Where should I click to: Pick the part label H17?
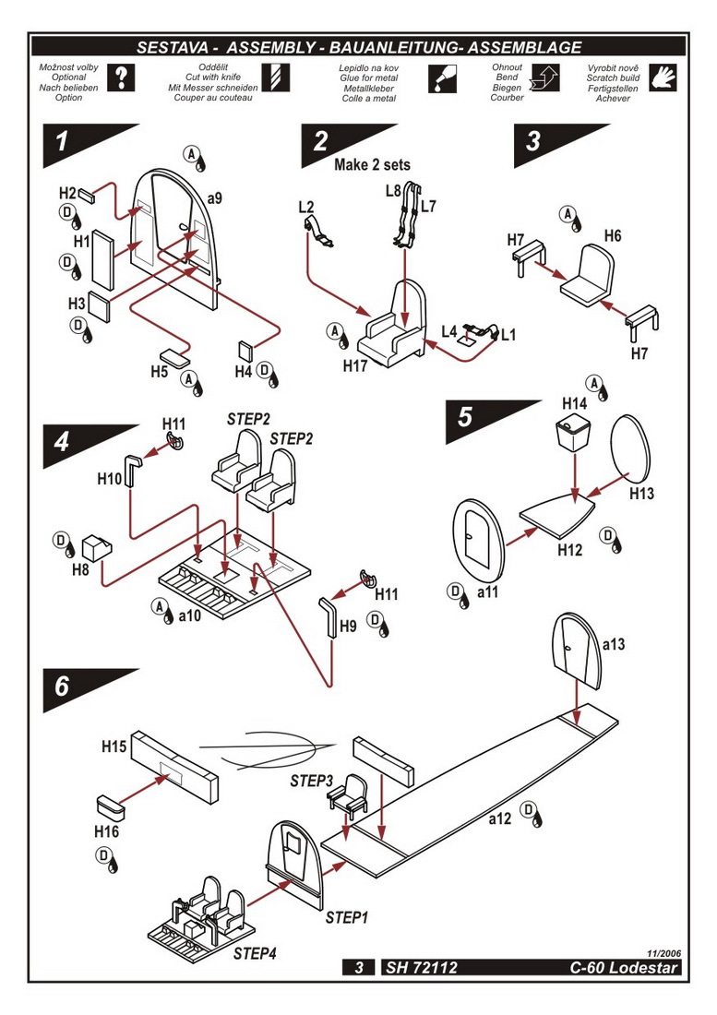point(355,365)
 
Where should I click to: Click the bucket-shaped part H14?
point(574,432)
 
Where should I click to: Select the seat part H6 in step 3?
point(586,277)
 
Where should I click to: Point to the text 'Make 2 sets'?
point(372,165)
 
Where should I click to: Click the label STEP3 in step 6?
point(311,781)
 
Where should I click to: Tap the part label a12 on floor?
point(499,818)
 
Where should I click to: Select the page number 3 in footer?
point(358,968)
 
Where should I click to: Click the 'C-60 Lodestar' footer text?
point(624,968)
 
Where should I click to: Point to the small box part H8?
point(96,547)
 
